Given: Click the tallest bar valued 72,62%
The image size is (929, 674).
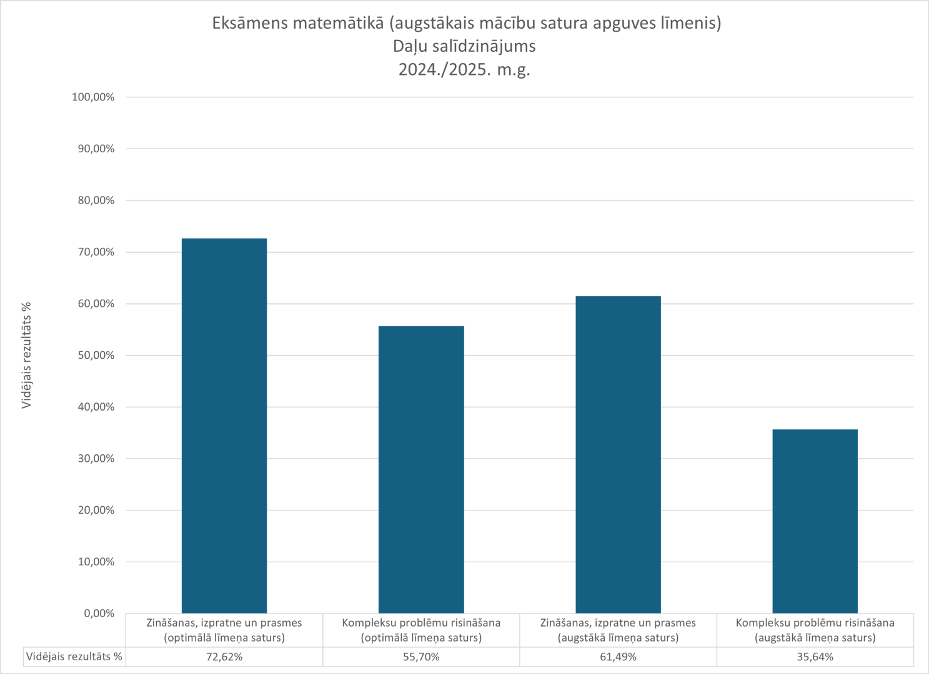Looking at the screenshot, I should point(224,426).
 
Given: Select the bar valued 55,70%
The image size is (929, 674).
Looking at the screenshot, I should point(421,469).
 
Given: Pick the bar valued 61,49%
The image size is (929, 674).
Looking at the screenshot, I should point(618,454).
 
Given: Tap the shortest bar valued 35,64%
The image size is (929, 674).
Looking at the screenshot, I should point(815,521).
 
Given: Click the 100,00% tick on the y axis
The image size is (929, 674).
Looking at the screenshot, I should point(93,97).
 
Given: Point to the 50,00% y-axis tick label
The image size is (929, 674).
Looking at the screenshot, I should point(93,355).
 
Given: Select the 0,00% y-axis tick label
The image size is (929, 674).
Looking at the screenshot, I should point(99,613).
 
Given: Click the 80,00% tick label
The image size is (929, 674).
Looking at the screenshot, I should point(93,200).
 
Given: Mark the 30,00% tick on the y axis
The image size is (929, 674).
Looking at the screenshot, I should point(93,459).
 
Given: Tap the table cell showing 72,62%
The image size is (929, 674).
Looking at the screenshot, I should point(224,657).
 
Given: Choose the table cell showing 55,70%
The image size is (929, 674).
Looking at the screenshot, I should point(421,657).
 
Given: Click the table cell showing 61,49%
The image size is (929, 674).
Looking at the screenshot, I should point(618,657).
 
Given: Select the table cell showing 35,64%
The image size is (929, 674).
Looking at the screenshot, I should point(815,657).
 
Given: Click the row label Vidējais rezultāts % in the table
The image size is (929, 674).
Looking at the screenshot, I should point(74,657).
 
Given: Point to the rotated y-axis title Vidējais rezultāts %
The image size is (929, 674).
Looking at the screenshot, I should point(26,355).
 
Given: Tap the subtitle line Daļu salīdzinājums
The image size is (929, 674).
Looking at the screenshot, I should point(464,46).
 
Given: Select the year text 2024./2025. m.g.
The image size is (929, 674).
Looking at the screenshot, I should point(464,69).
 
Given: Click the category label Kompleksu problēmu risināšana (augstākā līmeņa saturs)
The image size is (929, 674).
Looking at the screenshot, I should point(815,630).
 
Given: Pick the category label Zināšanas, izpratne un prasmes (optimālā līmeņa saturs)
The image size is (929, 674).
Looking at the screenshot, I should point(224,630).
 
